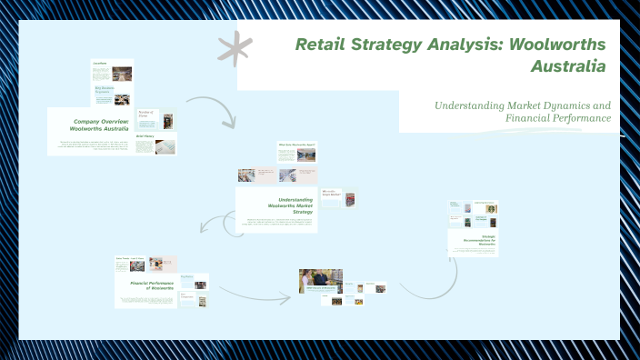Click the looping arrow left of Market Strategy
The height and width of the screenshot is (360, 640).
[215, 224]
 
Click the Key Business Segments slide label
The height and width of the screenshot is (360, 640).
[101, 90]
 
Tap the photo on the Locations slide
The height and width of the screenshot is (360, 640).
[122, 73]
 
